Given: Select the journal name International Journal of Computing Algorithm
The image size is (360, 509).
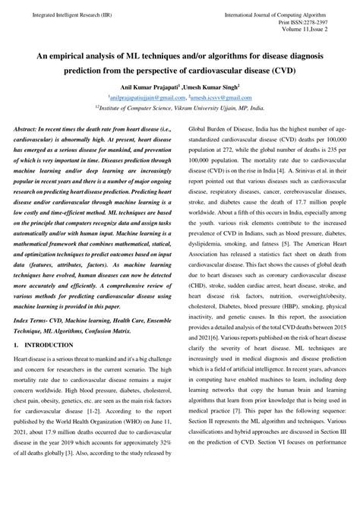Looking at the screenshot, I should click(286, 15).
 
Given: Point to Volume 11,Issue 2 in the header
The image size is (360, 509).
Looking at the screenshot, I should click(323, 32).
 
